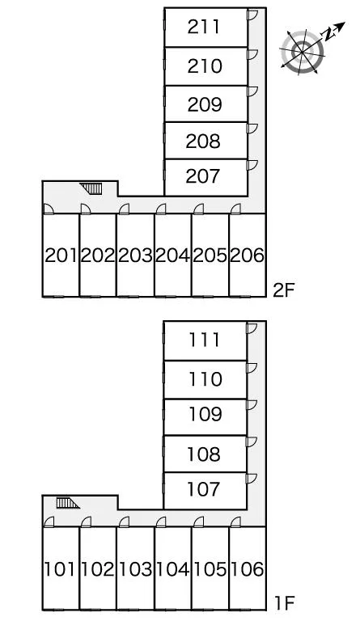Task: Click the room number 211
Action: (204, 27)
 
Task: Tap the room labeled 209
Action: (205, 104)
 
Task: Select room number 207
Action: (203, 176)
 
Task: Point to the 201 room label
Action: (61, 256)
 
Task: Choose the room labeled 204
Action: (172, 256)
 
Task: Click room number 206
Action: (247, 256)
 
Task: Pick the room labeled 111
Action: (204, 340)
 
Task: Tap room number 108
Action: (204, 454)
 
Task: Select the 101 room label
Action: (59, 569)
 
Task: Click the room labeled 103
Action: (135, 569)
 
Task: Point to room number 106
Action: (247, 569)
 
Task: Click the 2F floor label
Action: (284, 290)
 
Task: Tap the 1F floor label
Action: (284, 603)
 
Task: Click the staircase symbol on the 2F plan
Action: (91, 188)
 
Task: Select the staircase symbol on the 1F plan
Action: (68, 503)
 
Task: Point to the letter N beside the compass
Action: (328, 36)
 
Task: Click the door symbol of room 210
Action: (252, 55)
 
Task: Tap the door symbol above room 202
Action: (86, 209)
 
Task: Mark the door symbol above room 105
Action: (198, 522)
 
